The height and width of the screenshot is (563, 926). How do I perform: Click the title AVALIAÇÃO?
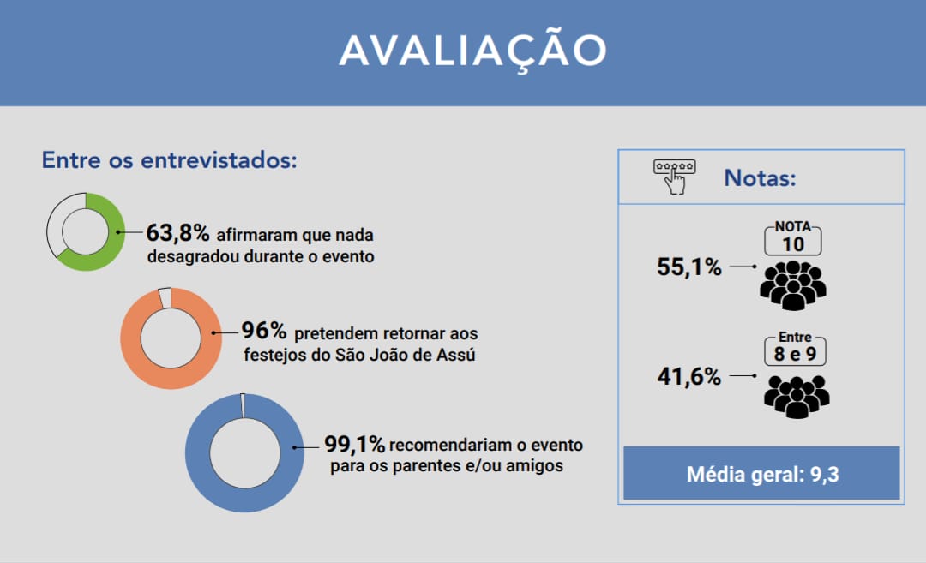(473, 51)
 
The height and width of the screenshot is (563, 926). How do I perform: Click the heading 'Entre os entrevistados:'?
(169, 160)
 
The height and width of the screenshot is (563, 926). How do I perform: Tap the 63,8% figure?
(177, 233)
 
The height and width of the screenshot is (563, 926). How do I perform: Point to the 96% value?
(263, 331)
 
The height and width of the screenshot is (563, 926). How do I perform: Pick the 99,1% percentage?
(354, 444)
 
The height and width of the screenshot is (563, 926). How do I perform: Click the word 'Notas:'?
(760, 177)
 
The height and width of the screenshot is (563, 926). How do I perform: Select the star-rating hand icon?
(675, 177)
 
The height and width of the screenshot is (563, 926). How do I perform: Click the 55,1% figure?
(689, 267)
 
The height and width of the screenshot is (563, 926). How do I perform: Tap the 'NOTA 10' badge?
(792, 238)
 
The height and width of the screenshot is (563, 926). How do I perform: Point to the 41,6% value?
(689, 376)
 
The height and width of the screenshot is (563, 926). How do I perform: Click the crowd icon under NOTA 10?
(792, 285)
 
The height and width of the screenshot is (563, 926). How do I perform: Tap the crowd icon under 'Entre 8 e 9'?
(796, 397)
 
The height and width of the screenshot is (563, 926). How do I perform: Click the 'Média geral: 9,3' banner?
(762, 473)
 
